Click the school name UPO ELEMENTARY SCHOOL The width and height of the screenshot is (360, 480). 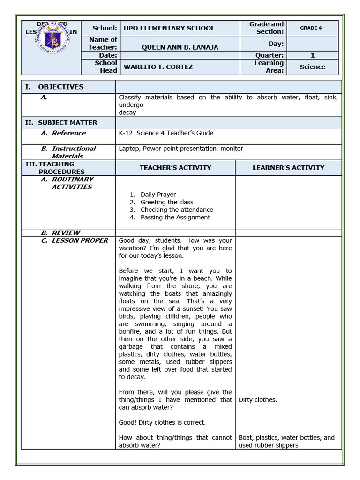tap(169, 28)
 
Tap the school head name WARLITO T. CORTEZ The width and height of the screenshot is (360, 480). tap(158, 67)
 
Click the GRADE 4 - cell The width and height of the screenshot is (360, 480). tap(312, 28)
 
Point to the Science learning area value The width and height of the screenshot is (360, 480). tap(312, 67)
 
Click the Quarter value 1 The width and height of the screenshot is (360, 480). tap(312, 55)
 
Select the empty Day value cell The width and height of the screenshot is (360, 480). tap(312, 44)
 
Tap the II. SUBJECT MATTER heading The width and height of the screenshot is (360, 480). tap(67, 123)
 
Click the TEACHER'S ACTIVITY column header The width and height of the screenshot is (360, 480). tap(175, 168)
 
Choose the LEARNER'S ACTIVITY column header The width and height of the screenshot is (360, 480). tap(288, 168)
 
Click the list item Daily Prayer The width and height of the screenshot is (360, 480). tap(158, 195)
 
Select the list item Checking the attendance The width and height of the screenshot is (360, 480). tap(177, 210)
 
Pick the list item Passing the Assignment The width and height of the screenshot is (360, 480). tap(175, 217)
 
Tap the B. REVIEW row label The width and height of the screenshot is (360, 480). tap(66, 232)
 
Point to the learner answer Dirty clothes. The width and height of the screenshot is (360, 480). tap(258, 400)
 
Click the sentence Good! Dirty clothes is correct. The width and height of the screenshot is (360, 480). tap(162, 422)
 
